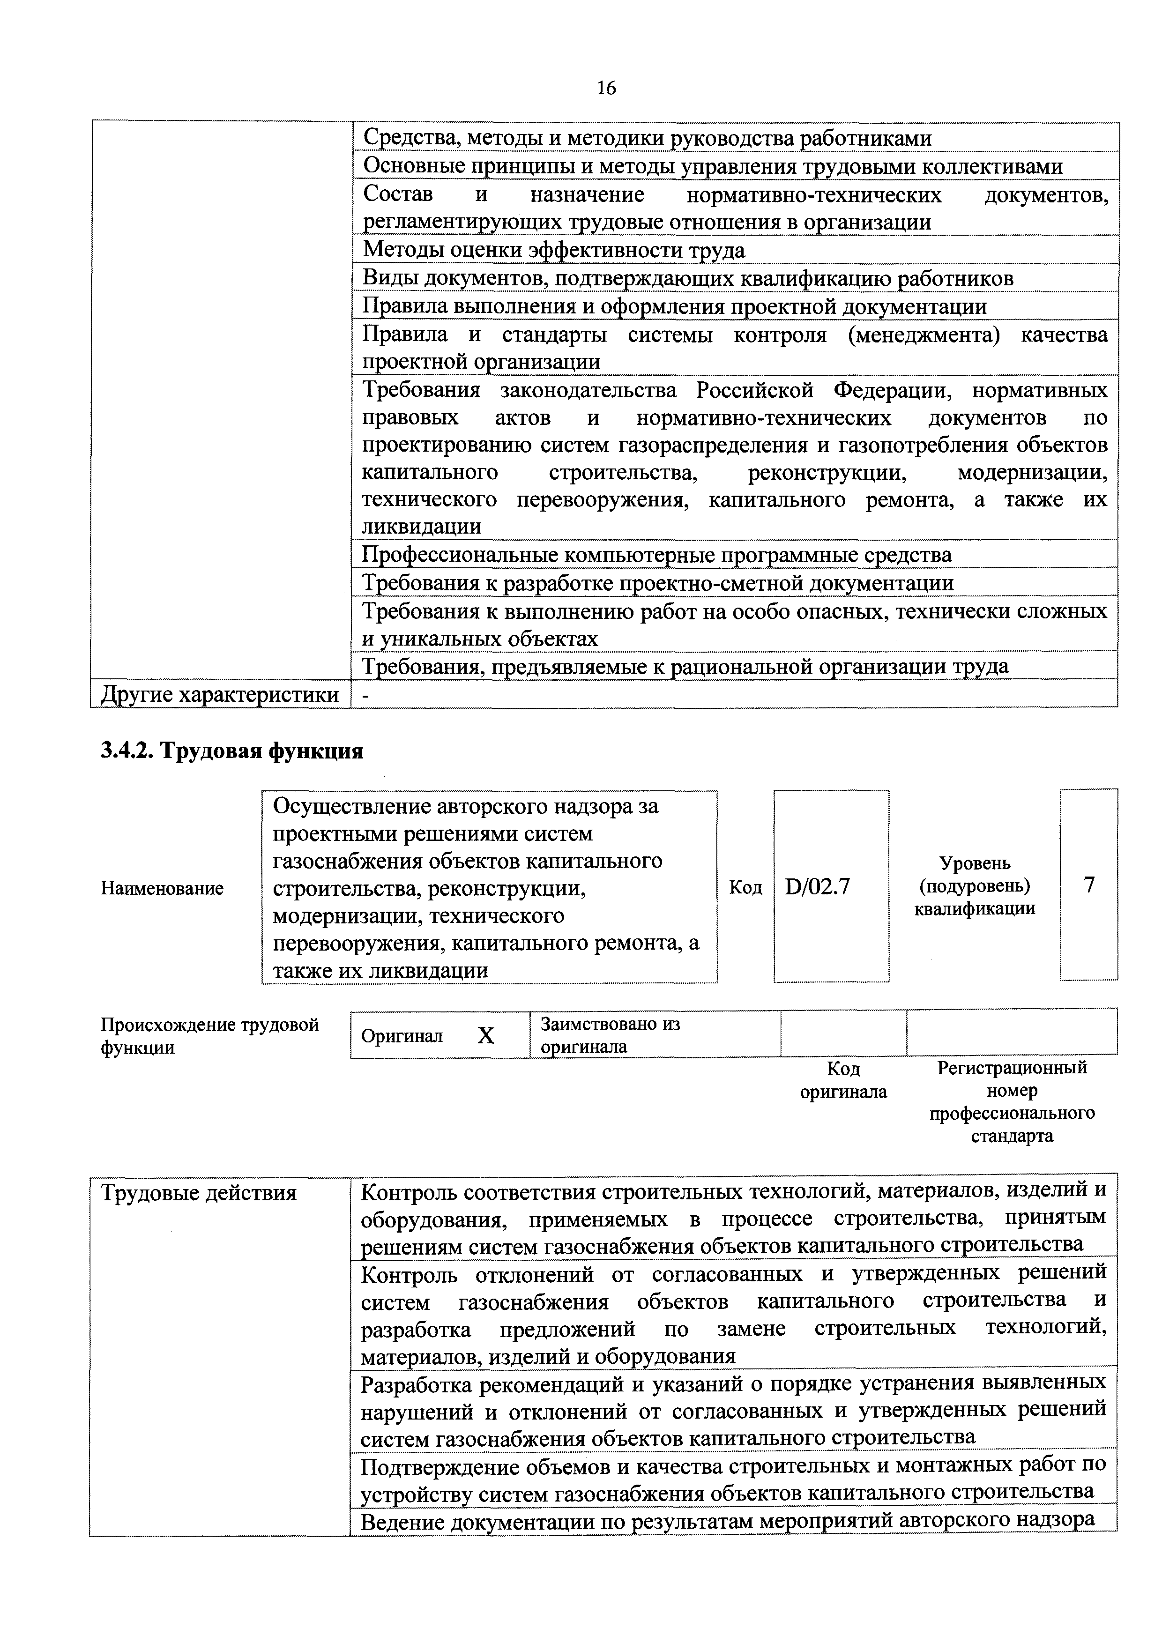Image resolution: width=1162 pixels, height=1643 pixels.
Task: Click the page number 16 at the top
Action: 605,88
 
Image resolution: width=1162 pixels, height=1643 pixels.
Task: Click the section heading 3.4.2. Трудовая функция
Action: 232,751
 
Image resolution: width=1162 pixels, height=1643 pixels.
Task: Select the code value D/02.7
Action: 817,886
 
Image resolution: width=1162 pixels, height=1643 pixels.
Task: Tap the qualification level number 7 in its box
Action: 1089,885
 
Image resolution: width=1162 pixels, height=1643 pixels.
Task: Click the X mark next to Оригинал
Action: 486,1035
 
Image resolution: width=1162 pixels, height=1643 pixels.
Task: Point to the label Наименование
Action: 162,888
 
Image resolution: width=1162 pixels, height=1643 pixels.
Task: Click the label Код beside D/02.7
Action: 745,887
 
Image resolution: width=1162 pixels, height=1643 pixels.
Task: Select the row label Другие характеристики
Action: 220,694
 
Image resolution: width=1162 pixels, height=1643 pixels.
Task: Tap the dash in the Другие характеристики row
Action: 366,694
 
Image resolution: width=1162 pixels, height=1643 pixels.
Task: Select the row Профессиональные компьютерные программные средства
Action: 657,555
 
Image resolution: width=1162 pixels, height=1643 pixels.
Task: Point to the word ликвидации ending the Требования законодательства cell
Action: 421,527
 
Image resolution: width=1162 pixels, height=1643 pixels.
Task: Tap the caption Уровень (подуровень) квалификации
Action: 975,886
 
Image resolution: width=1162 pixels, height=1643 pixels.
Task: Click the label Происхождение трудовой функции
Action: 209,1035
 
